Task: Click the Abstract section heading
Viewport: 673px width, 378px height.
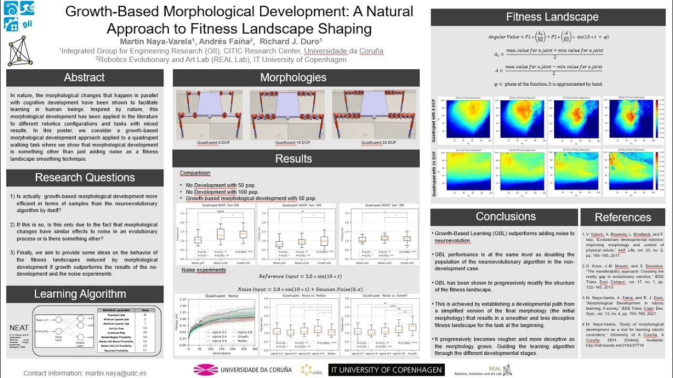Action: [x=84, y=78]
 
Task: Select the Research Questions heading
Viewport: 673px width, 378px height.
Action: [x=85, y=177]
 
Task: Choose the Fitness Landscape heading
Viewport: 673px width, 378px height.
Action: [x=552, y=17]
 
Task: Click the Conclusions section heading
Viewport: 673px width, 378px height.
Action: [x=506, y=216]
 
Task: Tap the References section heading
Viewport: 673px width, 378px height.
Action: [x=623, y=217]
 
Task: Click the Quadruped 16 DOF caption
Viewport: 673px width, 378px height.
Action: [x=292, y=142]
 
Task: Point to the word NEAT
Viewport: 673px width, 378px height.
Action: [x=19, y=328]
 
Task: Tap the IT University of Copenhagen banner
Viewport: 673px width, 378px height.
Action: [x=386, y=370]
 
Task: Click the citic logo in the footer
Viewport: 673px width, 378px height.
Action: [x=311, y=370]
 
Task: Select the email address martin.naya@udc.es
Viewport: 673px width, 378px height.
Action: [x=116, y=373]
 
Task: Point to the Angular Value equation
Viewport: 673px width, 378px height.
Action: [x=548, y=38]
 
